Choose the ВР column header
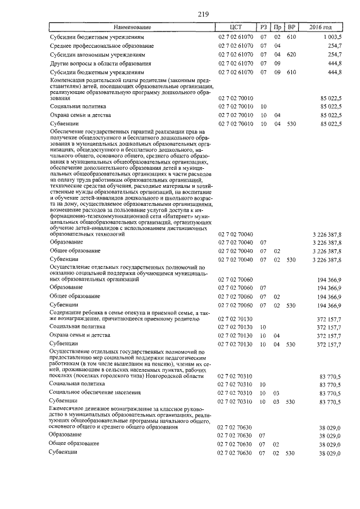point(291,27)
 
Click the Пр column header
point(277,27)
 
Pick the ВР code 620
point(291,55)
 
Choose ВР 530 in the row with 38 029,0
point(291,453)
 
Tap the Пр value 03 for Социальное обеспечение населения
point(277,393)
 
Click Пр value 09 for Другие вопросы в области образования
point(277,64)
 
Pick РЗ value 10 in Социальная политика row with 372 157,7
point(263,326)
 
